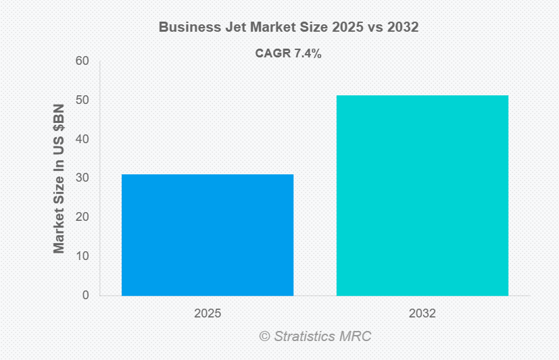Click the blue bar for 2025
pyautogui.click(x=208, y=234)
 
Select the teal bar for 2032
pyautogui.click(x=422, y=195)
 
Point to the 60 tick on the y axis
pyautogui.click(x=82, y=61)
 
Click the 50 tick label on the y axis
pyautogui.click(x=82, y=101)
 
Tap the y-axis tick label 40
pyautogui.click(x=82, y=139)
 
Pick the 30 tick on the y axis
pyautogui.click(x=82, y=178)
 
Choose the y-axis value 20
pyautogui.click(x=82, y=217)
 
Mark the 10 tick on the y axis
pyautogui.click(x=82, y=256)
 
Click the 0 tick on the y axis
pyautogui.click(x=86, y=295)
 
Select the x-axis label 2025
pyautogui.click(x=208, y=314)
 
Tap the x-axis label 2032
pyautogui.click(x=422, y=314)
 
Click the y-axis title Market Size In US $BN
pyautogui.click(x=59, y=178)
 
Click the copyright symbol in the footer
pyautogui.click(x=264, y=336)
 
